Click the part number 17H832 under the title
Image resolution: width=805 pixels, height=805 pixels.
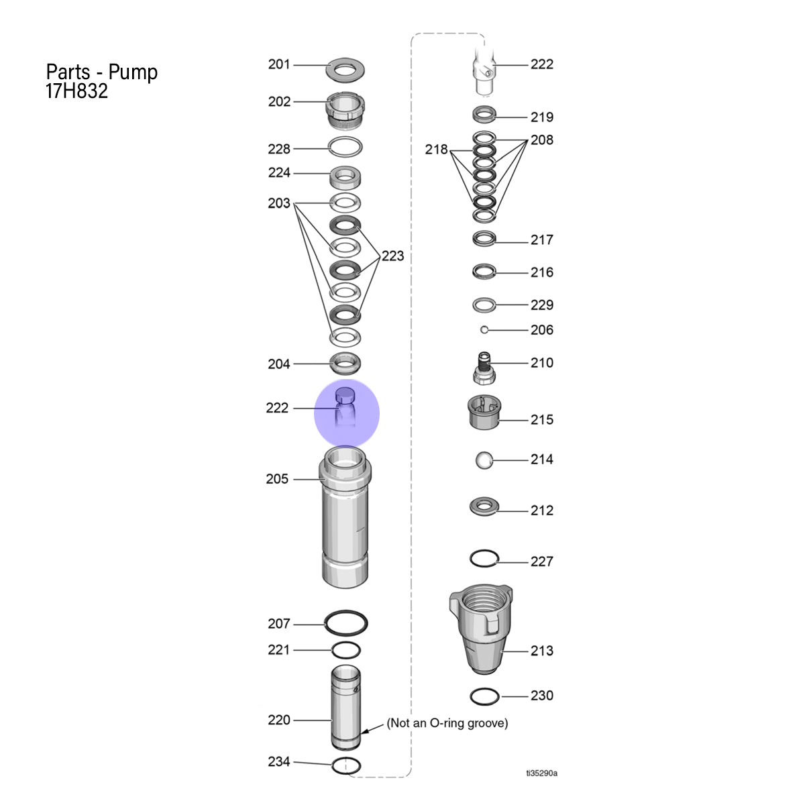(76, 91)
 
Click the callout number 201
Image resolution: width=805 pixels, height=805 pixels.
(278, 64)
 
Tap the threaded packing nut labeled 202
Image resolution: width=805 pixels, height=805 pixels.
(345, 109)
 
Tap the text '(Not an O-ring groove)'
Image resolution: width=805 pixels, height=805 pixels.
(447, 723)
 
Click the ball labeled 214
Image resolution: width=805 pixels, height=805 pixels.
(484, 460)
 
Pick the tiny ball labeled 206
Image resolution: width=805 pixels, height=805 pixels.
(484, 330)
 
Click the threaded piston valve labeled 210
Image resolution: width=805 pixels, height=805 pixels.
(484, 368)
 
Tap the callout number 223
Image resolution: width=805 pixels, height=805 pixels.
(392, 256)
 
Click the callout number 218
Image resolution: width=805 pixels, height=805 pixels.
(436, 150)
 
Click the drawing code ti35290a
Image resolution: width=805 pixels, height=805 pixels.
(541, 773)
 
